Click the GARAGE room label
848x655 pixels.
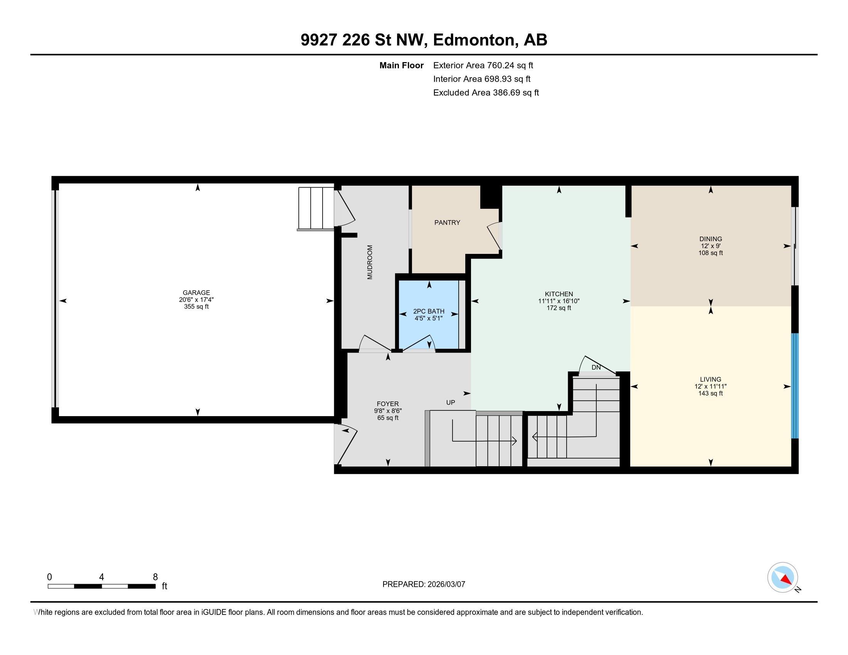click(x=197, y=292)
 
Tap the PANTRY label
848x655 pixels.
click(x=447, y=223)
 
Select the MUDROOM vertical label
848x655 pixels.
click(x=370, y=262)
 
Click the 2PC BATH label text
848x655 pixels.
click(x=429, y=312)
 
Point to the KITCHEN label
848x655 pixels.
click(x=559, y=294)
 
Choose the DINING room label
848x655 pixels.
click(x=710, y=239)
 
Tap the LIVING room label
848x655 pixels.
click(x=710, y=380)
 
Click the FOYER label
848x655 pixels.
click(x=387, y=404)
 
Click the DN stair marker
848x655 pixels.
click(x=596, y=367)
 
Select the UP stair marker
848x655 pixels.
click(x=450, y=403)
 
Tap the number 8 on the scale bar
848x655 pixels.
click(x=155, y=577)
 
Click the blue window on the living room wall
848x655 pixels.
click(x=795, y=386)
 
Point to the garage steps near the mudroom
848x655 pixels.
click(x=316, y=209)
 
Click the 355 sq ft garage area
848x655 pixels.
click(x=197, y=307)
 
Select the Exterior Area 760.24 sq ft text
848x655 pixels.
click(x=483, y=65)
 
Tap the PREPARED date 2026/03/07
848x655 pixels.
click(x=445, y=584)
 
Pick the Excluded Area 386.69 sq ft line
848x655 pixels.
click(x=486, y=93)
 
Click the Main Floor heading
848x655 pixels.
click(x=402, y=65)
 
